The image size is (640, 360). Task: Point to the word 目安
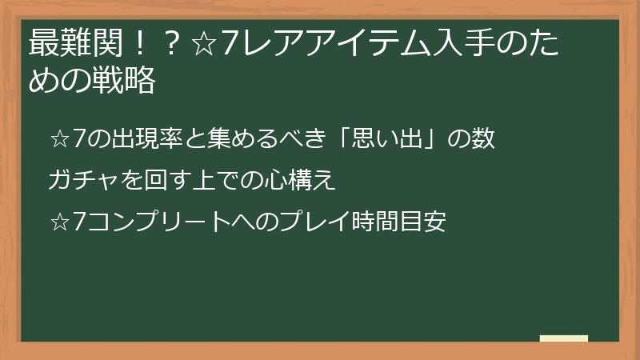[425, 221]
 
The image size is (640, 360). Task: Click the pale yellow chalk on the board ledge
[563, 338]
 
